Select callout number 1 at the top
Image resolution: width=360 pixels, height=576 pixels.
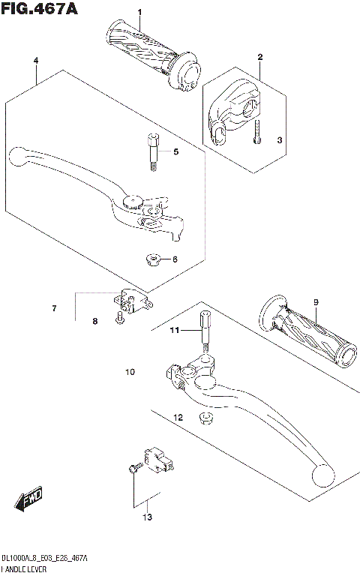(139, 13)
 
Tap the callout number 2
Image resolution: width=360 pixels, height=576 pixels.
(260, 57)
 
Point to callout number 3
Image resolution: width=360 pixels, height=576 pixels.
(279, 139)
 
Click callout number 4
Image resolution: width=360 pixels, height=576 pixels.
(35, 60)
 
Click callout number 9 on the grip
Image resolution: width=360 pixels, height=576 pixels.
(316, 302)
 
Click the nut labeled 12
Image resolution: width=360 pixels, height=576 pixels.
(204, 416)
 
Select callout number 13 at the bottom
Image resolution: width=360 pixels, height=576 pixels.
(148, 517)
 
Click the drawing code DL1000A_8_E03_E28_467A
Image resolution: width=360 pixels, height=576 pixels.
(44, 559)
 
